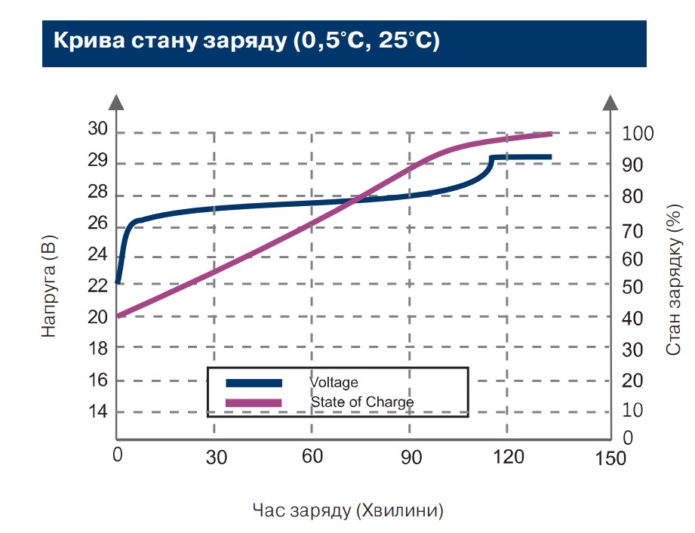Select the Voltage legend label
(x=334, y=383)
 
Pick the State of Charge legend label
(x=362, y=402)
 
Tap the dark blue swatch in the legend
(x=254, y=383)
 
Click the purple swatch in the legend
(x=254, y=402)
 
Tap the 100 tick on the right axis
(x=638, y=134)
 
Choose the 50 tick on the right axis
(x=633, y=288)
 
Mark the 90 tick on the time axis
(x=410, y=457)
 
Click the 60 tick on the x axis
(x=312, y=457)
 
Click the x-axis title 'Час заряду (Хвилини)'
(x=348, y=510)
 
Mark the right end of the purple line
(x=551, y=134)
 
